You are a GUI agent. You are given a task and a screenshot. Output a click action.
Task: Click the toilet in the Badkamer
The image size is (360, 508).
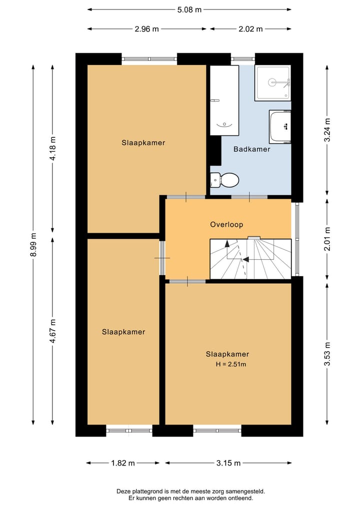224,180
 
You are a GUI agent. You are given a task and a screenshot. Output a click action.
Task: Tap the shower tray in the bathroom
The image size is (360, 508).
272,83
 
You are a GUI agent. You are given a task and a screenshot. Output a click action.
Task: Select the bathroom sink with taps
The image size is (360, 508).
280,127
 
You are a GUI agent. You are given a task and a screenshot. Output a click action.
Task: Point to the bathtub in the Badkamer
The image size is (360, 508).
224,100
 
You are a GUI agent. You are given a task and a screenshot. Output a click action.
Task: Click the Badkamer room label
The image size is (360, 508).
251,149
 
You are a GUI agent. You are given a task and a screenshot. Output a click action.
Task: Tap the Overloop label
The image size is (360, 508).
226,224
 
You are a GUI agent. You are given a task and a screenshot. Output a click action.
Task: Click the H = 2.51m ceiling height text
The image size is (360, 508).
231,364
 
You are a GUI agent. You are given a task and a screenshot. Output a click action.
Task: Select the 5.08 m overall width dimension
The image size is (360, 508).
189,9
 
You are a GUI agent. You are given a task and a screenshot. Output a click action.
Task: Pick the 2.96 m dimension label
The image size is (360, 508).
147,29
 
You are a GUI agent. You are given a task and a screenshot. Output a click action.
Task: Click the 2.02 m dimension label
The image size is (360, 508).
250,29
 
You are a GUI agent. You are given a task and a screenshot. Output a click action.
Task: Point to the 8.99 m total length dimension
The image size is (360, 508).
33,245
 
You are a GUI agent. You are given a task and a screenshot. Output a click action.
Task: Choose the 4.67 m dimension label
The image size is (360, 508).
52,331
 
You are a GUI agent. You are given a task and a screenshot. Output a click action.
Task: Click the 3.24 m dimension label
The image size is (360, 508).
327,129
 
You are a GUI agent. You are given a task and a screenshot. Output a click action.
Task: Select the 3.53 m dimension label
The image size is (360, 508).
327,354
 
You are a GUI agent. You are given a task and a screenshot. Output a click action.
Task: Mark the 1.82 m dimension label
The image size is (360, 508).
123,463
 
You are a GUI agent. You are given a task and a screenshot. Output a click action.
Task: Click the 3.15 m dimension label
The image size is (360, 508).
228,463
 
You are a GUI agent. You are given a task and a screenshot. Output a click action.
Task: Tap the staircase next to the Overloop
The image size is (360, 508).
250,259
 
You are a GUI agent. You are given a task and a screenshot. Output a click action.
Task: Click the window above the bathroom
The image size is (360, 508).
243,59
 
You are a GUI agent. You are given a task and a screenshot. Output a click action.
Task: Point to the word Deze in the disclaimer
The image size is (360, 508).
123,492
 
